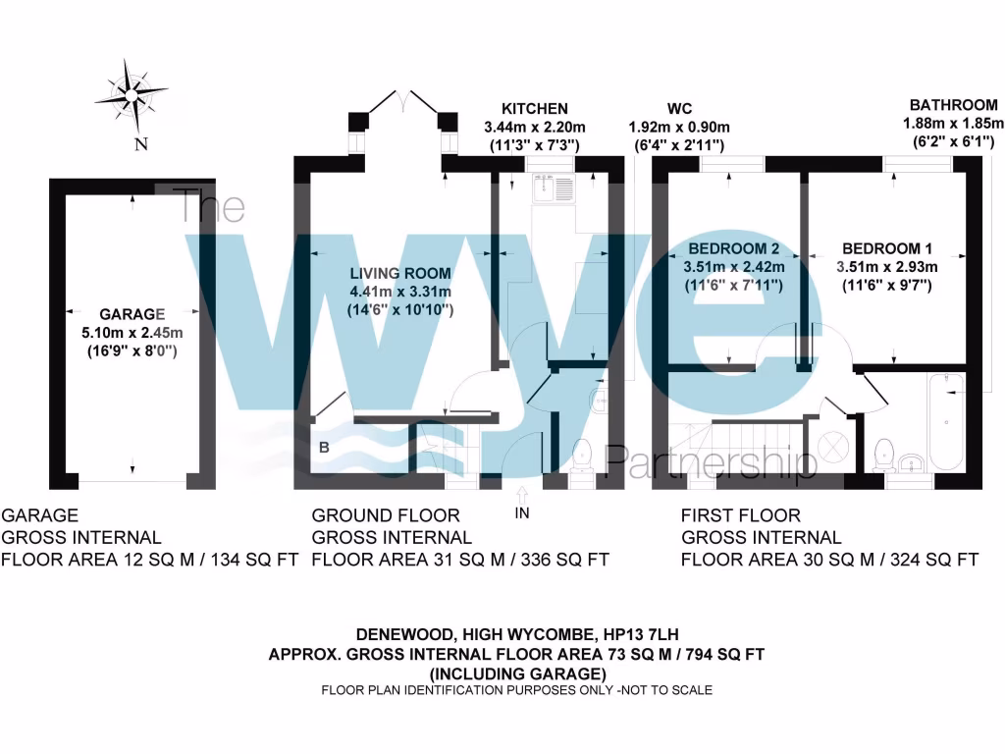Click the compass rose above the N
131,95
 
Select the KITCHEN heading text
535,109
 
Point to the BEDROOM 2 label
733,248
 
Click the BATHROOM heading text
953,105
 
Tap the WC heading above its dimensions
679,109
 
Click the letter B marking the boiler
322,448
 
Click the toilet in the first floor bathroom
882,453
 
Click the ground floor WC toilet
581,455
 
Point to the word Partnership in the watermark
711,460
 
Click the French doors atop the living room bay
403,99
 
